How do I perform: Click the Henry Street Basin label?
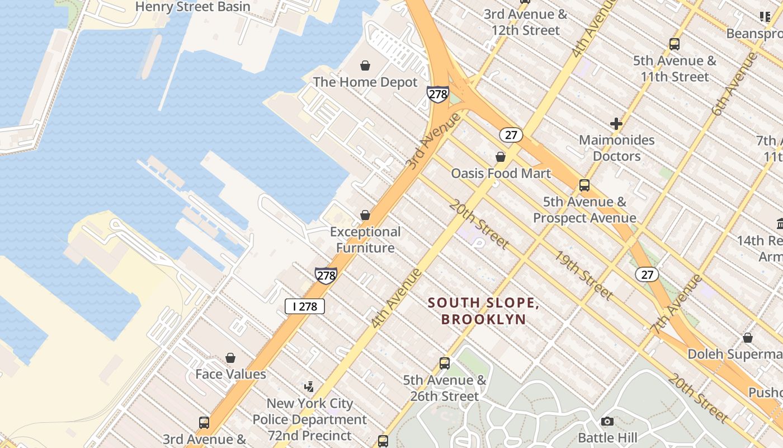click(193, 7)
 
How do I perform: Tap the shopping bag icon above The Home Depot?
click(365, 66)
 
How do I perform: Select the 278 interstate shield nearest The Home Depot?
click(437, 94)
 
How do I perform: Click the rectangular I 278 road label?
click(305, 306)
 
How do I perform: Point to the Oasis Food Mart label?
click(501, 174)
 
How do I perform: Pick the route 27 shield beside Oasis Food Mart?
click(511, 135)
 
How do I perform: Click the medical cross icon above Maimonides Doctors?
click(616, 124)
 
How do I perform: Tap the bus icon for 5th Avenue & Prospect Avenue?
click(584, 185)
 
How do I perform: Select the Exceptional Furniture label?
click(365, 240)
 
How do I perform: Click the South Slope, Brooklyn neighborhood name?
click(484, 311)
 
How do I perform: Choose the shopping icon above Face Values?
click(230, 358)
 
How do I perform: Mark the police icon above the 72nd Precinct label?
click(309, 386)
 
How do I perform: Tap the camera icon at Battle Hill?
click(607, 421)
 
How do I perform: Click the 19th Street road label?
click(584, 275)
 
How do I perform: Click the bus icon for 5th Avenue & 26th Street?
click(445, 363)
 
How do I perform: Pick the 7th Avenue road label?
click(676, 304)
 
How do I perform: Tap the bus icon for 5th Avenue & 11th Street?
click(674, 44)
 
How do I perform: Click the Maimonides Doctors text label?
click(617, 148)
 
